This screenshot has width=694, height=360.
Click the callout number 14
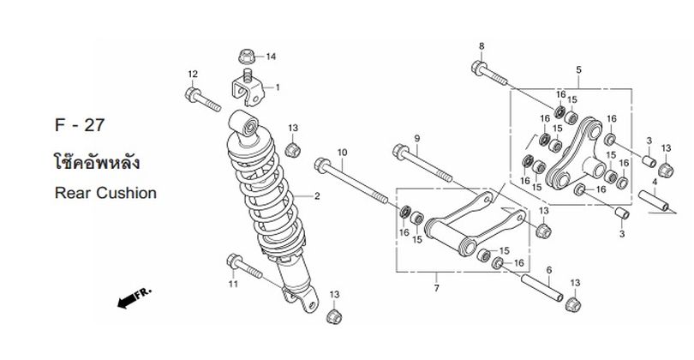click(x=271, y=57)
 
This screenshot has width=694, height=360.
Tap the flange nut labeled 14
click(x=246, y=57)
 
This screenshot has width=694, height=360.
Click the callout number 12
click(x=193, y=74)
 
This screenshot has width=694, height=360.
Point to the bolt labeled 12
click(x=202, y=99)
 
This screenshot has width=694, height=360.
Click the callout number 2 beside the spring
click(x=317, y=196)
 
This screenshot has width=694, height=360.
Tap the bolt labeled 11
click(x=244, y=266)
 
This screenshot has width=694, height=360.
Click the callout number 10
click(x=343, y=153)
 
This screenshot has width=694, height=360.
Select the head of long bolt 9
click(x=400, y=152)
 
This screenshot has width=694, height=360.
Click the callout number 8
click(x=482, y=46)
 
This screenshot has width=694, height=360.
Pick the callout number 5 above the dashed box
click(x=578, y=69)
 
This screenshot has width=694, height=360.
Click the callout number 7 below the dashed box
click(x=436, y=288)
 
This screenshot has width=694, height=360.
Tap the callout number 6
click(x=549, y=270)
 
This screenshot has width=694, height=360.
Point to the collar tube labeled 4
click(x=653, y=201)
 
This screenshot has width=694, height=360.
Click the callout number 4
click(x=655, y=181)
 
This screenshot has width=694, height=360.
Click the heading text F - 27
click(x=80, y=125)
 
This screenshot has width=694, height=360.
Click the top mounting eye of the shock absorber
click(x=243, y=123)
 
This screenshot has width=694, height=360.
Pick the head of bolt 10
click(x=322, y=165)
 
